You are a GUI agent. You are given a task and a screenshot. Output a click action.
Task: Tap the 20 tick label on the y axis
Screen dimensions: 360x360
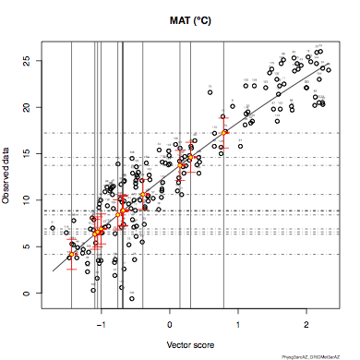[28, 107]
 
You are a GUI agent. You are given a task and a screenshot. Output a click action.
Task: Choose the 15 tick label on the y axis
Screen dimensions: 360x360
[28, 153]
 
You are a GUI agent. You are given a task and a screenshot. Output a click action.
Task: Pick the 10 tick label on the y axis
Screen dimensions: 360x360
[28, 199]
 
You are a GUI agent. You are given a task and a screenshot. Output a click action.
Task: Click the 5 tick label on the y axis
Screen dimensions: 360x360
[28, 246]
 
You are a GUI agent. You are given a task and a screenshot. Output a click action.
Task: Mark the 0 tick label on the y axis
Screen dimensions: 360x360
[28, 293]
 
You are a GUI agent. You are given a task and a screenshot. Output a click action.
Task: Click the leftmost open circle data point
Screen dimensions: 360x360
[53, 228]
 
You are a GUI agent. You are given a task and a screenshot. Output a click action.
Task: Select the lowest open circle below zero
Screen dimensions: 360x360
[132, 299]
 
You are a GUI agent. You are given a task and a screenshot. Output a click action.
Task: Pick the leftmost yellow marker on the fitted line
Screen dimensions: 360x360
[72, 254]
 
